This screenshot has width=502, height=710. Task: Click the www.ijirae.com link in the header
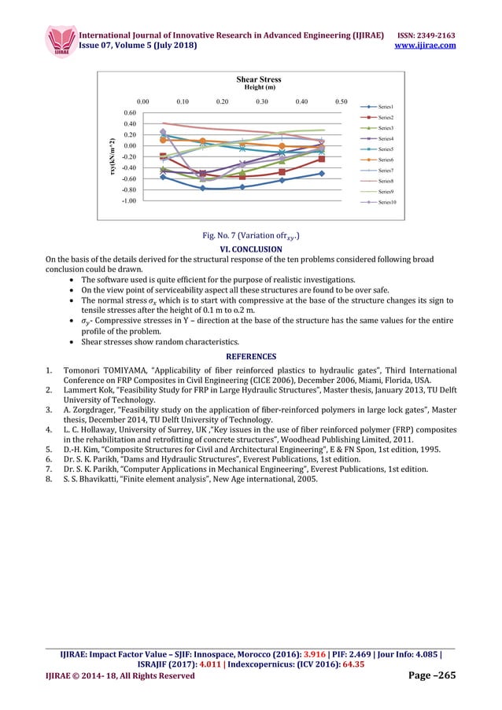tap(424, 46)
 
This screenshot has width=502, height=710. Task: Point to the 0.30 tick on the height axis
tap(262, 101)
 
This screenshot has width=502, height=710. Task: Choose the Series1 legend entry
tap(385, 106)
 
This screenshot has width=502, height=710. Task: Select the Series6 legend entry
tap(385, 160)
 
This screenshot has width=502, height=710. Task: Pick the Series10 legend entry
tap(386, 202)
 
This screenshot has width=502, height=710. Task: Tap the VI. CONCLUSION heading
tap(250, 249)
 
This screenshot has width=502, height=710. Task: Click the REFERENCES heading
tap(251, 355)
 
